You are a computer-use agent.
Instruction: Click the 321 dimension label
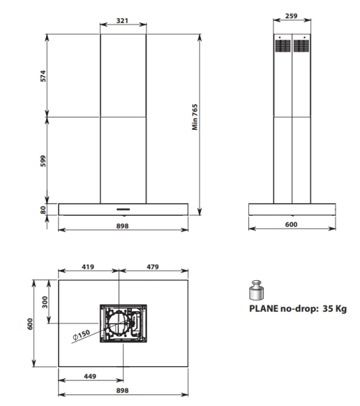pos(122,20)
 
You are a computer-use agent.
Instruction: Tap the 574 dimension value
pos(43,76)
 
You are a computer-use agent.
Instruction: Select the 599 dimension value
pos(43,161)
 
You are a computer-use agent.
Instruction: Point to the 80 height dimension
pos(43,210)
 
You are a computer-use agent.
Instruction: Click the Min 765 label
pos(195,117)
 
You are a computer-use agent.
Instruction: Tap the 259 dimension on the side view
pos(292,16)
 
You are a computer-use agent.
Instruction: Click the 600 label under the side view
pos(292,224)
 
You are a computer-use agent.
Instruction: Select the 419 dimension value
pos(88,267)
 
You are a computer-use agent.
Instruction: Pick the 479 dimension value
pos(152,267)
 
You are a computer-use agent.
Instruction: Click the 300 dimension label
pos(45,302)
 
